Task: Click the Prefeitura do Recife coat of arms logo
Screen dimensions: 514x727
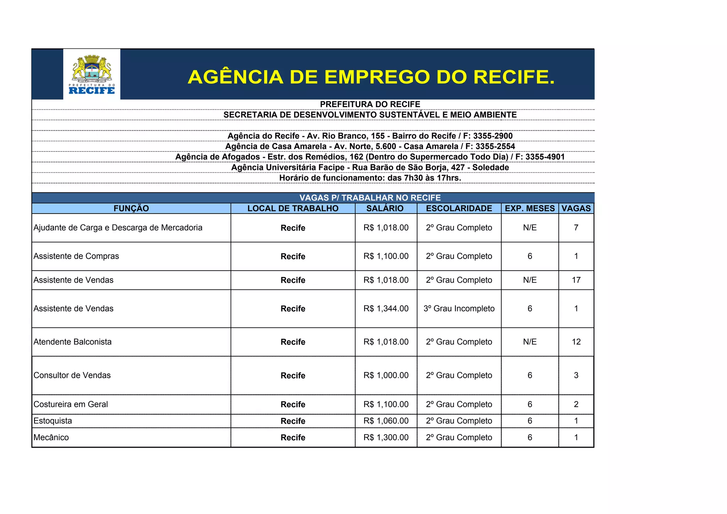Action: coord(92,74)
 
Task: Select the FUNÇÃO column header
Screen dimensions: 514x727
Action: coord(131,209)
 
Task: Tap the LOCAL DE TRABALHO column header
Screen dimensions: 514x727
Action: coord(293,209)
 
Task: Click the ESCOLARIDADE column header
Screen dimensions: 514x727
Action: coord(459,209)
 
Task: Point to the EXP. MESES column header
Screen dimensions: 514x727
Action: coord(530,209)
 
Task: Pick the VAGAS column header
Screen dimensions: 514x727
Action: coord(576,209)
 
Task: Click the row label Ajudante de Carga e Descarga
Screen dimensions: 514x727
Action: coord(118,228)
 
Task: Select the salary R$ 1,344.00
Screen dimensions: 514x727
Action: coord(386,309)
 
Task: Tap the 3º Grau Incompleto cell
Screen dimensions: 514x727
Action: coord(459,309)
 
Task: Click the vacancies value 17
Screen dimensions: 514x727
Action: coord(576,280)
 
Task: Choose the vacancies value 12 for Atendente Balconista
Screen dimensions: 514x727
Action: coord(576,342)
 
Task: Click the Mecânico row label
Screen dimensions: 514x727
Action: coord(51,437)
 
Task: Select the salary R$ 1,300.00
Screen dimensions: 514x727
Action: coord(386,437)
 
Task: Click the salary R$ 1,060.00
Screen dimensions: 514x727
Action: coord(386,421)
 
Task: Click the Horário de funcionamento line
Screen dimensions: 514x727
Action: coord(370,178)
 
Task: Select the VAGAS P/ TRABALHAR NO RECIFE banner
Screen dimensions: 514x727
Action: coord(370,198)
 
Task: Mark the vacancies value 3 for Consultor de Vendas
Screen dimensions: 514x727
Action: coord(576,375)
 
